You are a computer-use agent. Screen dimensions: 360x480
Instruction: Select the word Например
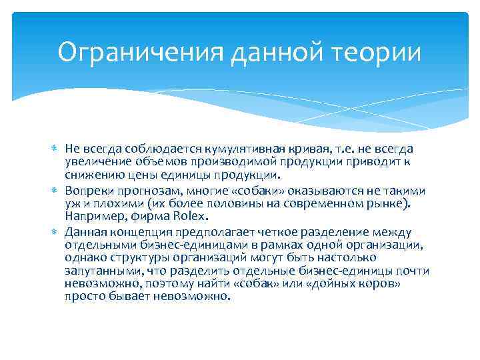(91, 217)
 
